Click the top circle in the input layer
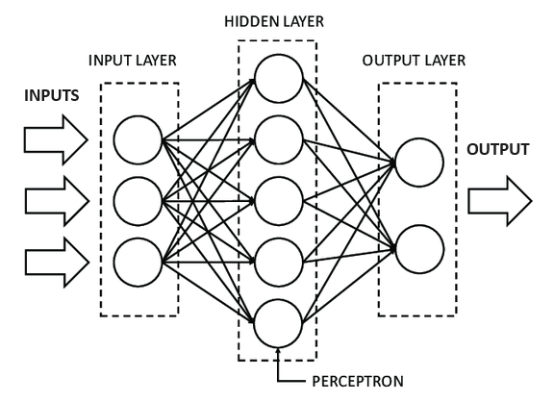pos(138,140)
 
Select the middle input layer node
pos(138,201)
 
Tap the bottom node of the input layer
pos(138,261)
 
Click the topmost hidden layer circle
pos(279,77)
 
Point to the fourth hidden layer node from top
pos(279,260)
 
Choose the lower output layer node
pos(418,247)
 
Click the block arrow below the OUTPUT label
pos(499,201)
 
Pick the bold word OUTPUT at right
pos(498,150)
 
